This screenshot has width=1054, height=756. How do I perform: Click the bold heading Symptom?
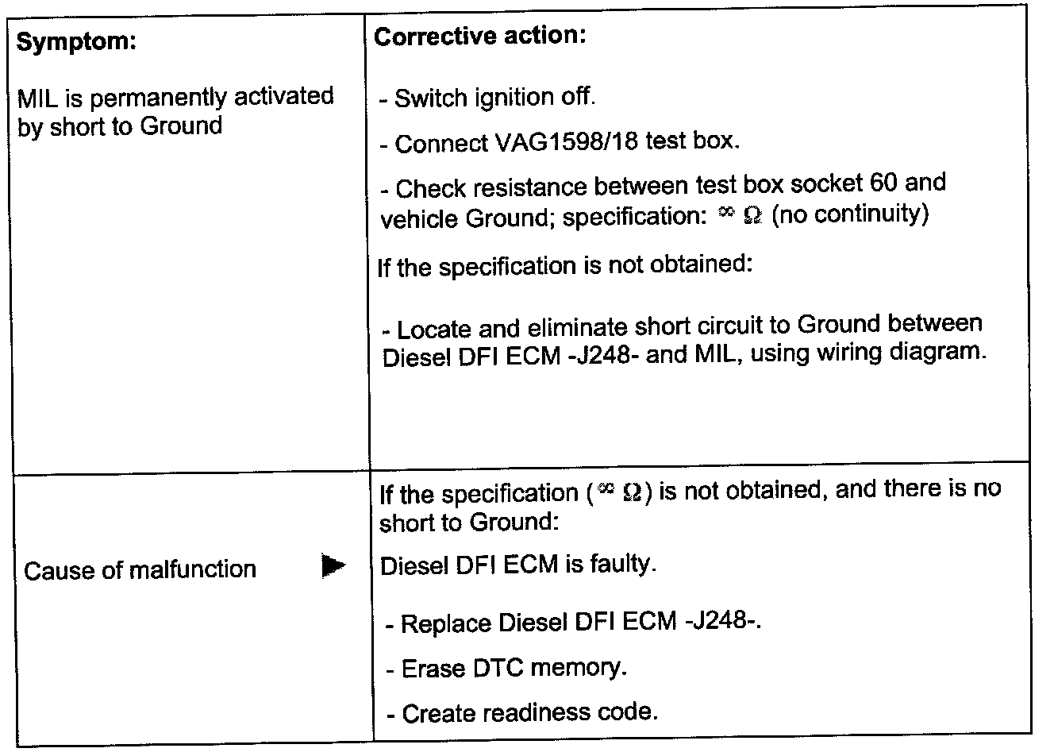point(77,42)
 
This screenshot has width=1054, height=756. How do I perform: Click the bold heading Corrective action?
point(479,37)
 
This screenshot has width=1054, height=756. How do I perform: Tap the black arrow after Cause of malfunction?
point(334,567)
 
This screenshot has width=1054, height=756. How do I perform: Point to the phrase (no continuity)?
point(849,214)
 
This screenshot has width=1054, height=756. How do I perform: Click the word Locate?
point(434,329)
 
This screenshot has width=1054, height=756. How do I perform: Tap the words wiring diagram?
point(898,352)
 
